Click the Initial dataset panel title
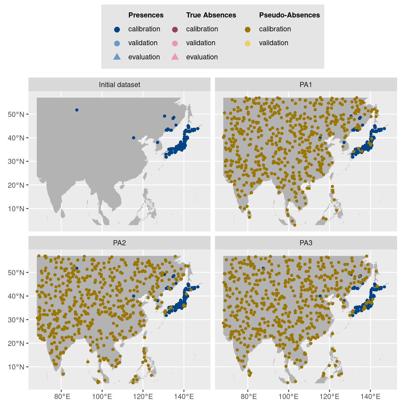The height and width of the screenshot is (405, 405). point(119,85)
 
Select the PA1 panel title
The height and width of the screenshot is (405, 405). point(306,85)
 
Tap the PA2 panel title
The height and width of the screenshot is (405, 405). point(119,243)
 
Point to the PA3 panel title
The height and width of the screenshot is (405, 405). point(306,243)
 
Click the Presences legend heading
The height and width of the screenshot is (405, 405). point(146,15)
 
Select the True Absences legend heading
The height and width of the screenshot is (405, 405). point(211,15)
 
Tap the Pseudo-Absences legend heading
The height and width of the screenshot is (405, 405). point(289,15)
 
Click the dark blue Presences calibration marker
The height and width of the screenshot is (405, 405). point(117,29)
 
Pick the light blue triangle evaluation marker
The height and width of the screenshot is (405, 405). point(117,57)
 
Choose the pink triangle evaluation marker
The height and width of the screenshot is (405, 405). point(175,57)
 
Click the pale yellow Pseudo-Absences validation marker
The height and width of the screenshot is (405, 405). point(248,43)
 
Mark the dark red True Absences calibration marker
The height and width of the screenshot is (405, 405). point(175,29)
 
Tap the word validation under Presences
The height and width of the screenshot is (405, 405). point(143,43)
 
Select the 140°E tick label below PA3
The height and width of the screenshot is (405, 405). point(370,396)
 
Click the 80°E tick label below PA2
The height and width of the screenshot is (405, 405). point(62,396)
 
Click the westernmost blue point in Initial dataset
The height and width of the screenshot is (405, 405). point(77,110)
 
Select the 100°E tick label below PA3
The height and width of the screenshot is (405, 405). point(288,396)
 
